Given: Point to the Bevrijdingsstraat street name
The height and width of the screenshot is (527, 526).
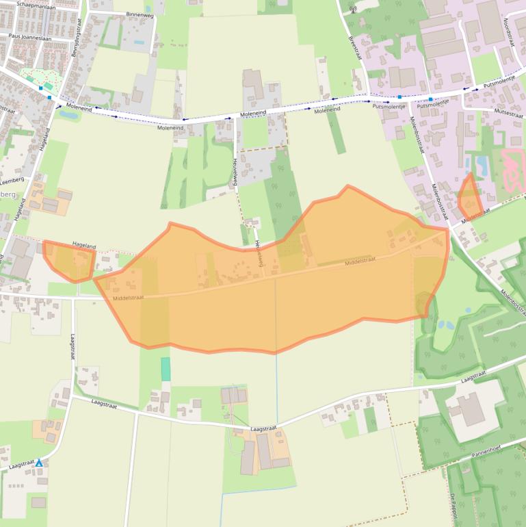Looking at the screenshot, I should tap(77, 38).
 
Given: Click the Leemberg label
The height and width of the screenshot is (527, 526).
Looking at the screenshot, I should tap(12, 179).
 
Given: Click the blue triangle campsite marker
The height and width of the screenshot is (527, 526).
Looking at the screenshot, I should tap(39, 463).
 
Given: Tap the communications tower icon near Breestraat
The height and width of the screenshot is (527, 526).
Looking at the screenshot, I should tap(353, 10).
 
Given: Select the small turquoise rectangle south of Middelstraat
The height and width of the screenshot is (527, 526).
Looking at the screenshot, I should tap(166, 369).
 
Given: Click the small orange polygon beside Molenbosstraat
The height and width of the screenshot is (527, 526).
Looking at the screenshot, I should tap(470, 198).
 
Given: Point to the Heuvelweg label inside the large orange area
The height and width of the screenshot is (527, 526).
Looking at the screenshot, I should tap(259, 253).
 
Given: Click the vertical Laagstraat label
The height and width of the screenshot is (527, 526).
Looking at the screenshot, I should tap(73, 347).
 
